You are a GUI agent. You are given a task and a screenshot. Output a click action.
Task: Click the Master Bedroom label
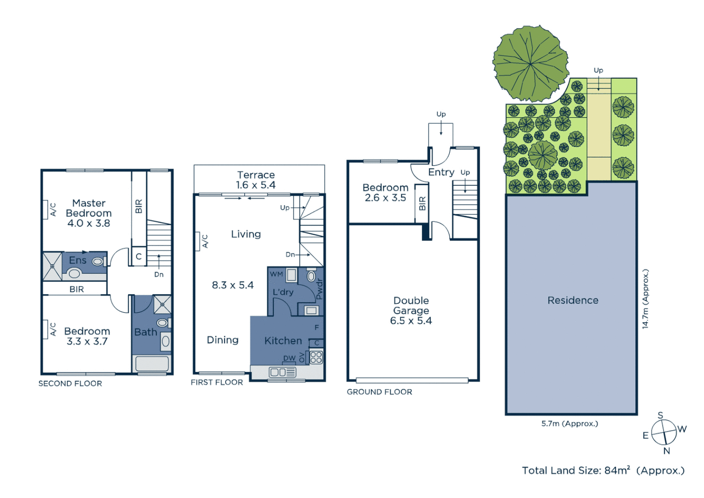pyautogui.click(x=89, y=213)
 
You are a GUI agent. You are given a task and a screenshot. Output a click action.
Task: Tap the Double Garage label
pyautogui.click(x=411, y=310)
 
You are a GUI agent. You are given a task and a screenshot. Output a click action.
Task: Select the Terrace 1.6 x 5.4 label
pyautogui.click(x=256, y=180)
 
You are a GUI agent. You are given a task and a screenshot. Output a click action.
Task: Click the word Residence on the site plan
pyautogui.click(x=573, y=300)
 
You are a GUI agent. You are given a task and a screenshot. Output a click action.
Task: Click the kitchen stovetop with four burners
pyautogui.click(x=316, y=357)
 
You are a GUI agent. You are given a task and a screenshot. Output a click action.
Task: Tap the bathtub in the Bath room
pyautogui.click(x=152, y=363)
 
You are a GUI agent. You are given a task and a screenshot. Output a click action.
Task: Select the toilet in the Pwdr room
pyautogui.click(x=311, y=276)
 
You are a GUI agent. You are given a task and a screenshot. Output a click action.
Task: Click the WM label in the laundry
pyautogui.click(x=276, y=274)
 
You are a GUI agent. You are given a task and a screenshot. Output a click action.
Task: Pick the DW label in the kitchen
pyautogui.click(x=289, y=358)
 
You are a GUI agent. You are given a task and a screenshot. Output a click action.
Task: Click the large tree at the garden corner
pyautogui.click(x=530, y=64)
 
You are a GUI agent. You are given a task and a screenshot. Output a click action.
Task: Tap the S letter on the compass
pyautogui.click(x=660, y=415)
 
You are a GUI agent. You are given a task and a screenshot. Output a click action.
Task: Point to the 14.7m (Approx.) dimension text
pyautogui.click(x=645, y=299)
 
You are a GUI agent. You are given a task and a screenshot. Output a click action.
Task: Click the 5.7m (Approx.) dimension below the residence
pyautogui.click(x=569, y=423)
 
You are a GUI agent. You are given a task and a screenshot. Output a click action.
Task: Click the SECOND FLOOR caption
pyautogui.click(x=70, y=383)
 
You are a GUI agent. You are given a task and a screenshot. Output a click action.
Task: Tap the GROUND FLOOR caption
pyautogui.click(x=379, y=391)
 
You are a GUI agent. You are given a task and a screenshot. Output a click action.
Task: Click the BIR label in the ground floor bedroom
pyautogui.click(x=422, y=203)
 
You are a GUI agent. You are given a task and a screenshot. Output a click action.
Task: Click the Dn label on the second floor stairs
pyautogui.click(x=159, y=274)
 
